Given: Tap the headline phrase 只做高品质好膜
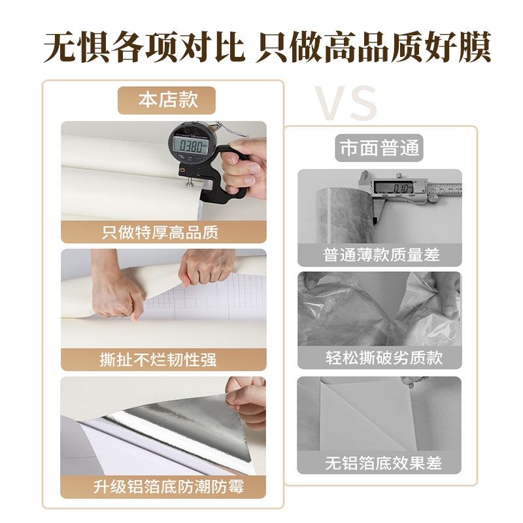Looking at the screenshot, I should point(373,47).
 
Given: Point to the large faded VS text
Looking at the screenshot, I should point(347,103).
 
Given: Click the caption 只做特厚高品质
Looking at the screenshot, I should point(163,232).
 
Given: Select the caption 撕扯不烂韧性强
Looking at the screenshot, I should point(163,359).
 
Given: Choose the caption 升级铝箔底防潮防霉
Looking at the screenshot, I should point(163,486).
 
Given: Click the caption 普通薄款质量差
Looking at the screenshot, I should point(379,255).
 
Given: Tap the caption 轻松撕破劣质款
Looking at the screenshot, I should point(379,358).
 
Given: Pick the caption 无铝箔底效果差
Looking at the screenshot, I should point(379,463).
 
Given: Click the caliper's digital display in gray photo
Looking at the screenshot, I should point(394,189).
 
